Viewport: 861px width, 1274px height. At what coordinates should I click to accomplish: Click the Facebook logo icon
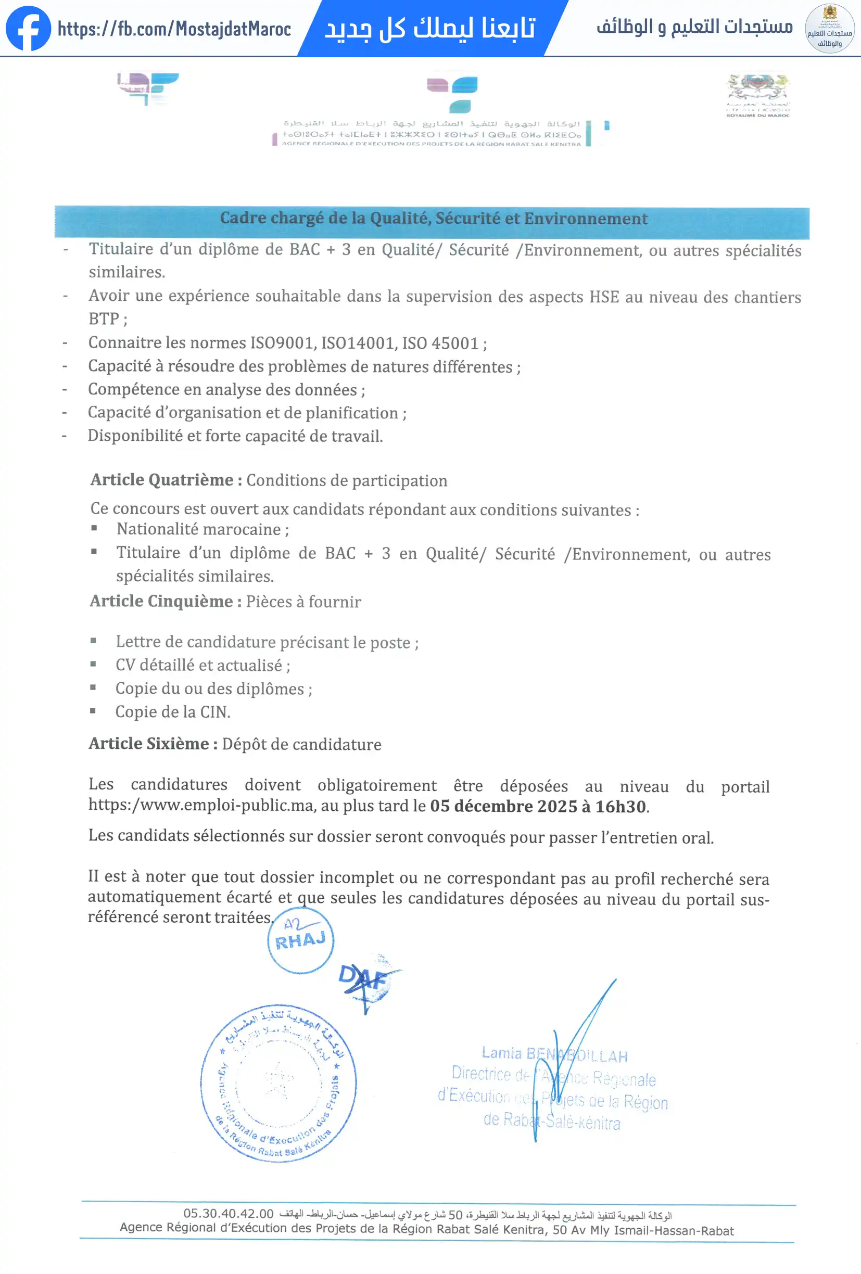coord(28,29)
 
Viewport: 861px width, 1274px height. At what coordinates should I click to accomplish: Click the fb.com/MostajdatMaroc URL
coord(174,29)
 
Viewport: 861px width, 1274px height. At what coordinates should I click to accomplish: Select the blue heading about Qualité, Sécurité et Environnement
coord(433,219)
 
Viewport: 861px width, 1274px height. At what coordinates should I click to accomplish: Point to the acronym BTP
coord(104,319)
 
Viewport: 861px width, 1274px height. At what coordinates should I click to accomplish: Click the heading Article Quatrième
coord(166,480)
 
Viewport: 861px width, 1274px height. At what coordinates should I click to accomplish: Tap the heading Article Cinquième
coord(166,602)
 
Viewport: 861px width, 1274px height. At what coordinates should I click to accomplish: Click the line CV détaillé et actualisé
coord(202,666)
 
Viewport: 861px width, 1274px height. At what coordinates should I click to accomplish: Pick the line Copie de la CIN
coord(172,712)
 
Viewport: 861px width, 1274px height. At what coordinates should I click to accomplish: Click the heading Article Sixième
coord(153,744)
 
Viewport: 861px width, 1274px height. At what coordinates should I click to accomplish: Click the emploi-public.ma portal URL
coord(201,805)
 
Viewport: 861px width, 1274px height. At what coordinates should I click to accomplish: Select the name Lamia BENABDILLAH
coord(554,1054)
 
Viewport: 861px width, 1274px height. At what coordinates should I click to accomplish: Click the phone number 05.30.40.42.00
coord(228,1214)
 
